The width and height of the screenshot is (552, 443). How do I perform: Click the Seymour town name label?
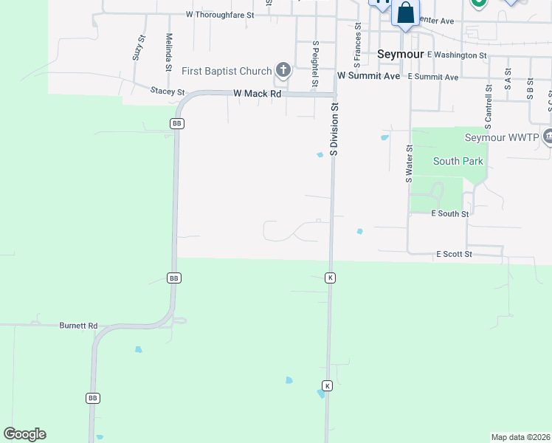click(x=400, y=54)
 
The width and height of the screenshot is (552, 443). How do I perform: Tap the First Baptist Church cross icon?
click(x=283, y=70)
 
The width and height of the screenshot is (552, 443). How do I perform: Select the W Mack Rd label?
click(x=257, y=94)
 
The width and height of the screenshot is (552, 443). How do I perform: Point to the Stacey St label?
click(x=167, y=91)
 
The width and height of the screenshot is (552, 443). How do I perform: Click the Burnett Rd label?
click(x=78, y=326)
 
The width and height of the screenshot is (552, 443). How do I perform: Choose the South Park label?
click(x=458, y=161)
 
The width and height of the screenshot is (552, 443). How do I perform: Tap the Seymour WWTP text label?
click(x=501, y=137)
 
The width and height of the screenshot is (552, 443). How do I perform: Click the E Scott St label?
click(x=453, y=254)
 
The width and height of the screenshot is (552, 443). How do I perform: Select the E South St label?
click(x=449, y=213)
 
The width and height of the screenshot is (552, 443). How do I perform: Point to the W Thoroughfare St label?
click(x=220, y=14)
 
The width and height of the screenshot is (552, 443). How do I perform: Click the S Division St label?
click(x=334, y=128)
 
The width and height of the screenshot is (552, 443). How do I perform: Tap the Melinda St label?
click(x=170, y=48)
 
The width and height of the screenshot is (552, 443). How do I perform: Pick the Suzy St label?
click(x=137, y=48)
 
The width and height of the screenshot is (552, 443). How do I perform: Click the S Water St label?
click(x=408, y=163)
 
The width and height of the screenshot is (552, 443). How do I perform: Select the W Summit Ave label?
click(x=368, y=76)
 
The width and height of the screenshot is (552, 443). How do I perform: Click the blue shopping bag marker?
click(x=405, y=13)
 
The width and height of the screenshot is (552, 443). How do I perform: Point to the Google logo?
click(x=24, y=434)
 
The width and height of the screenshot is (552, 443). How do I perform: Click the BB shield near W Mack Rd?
click(x=176, y=123)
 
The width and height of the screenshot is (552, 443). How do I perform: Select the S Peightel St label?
click(x=315, y=63)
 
